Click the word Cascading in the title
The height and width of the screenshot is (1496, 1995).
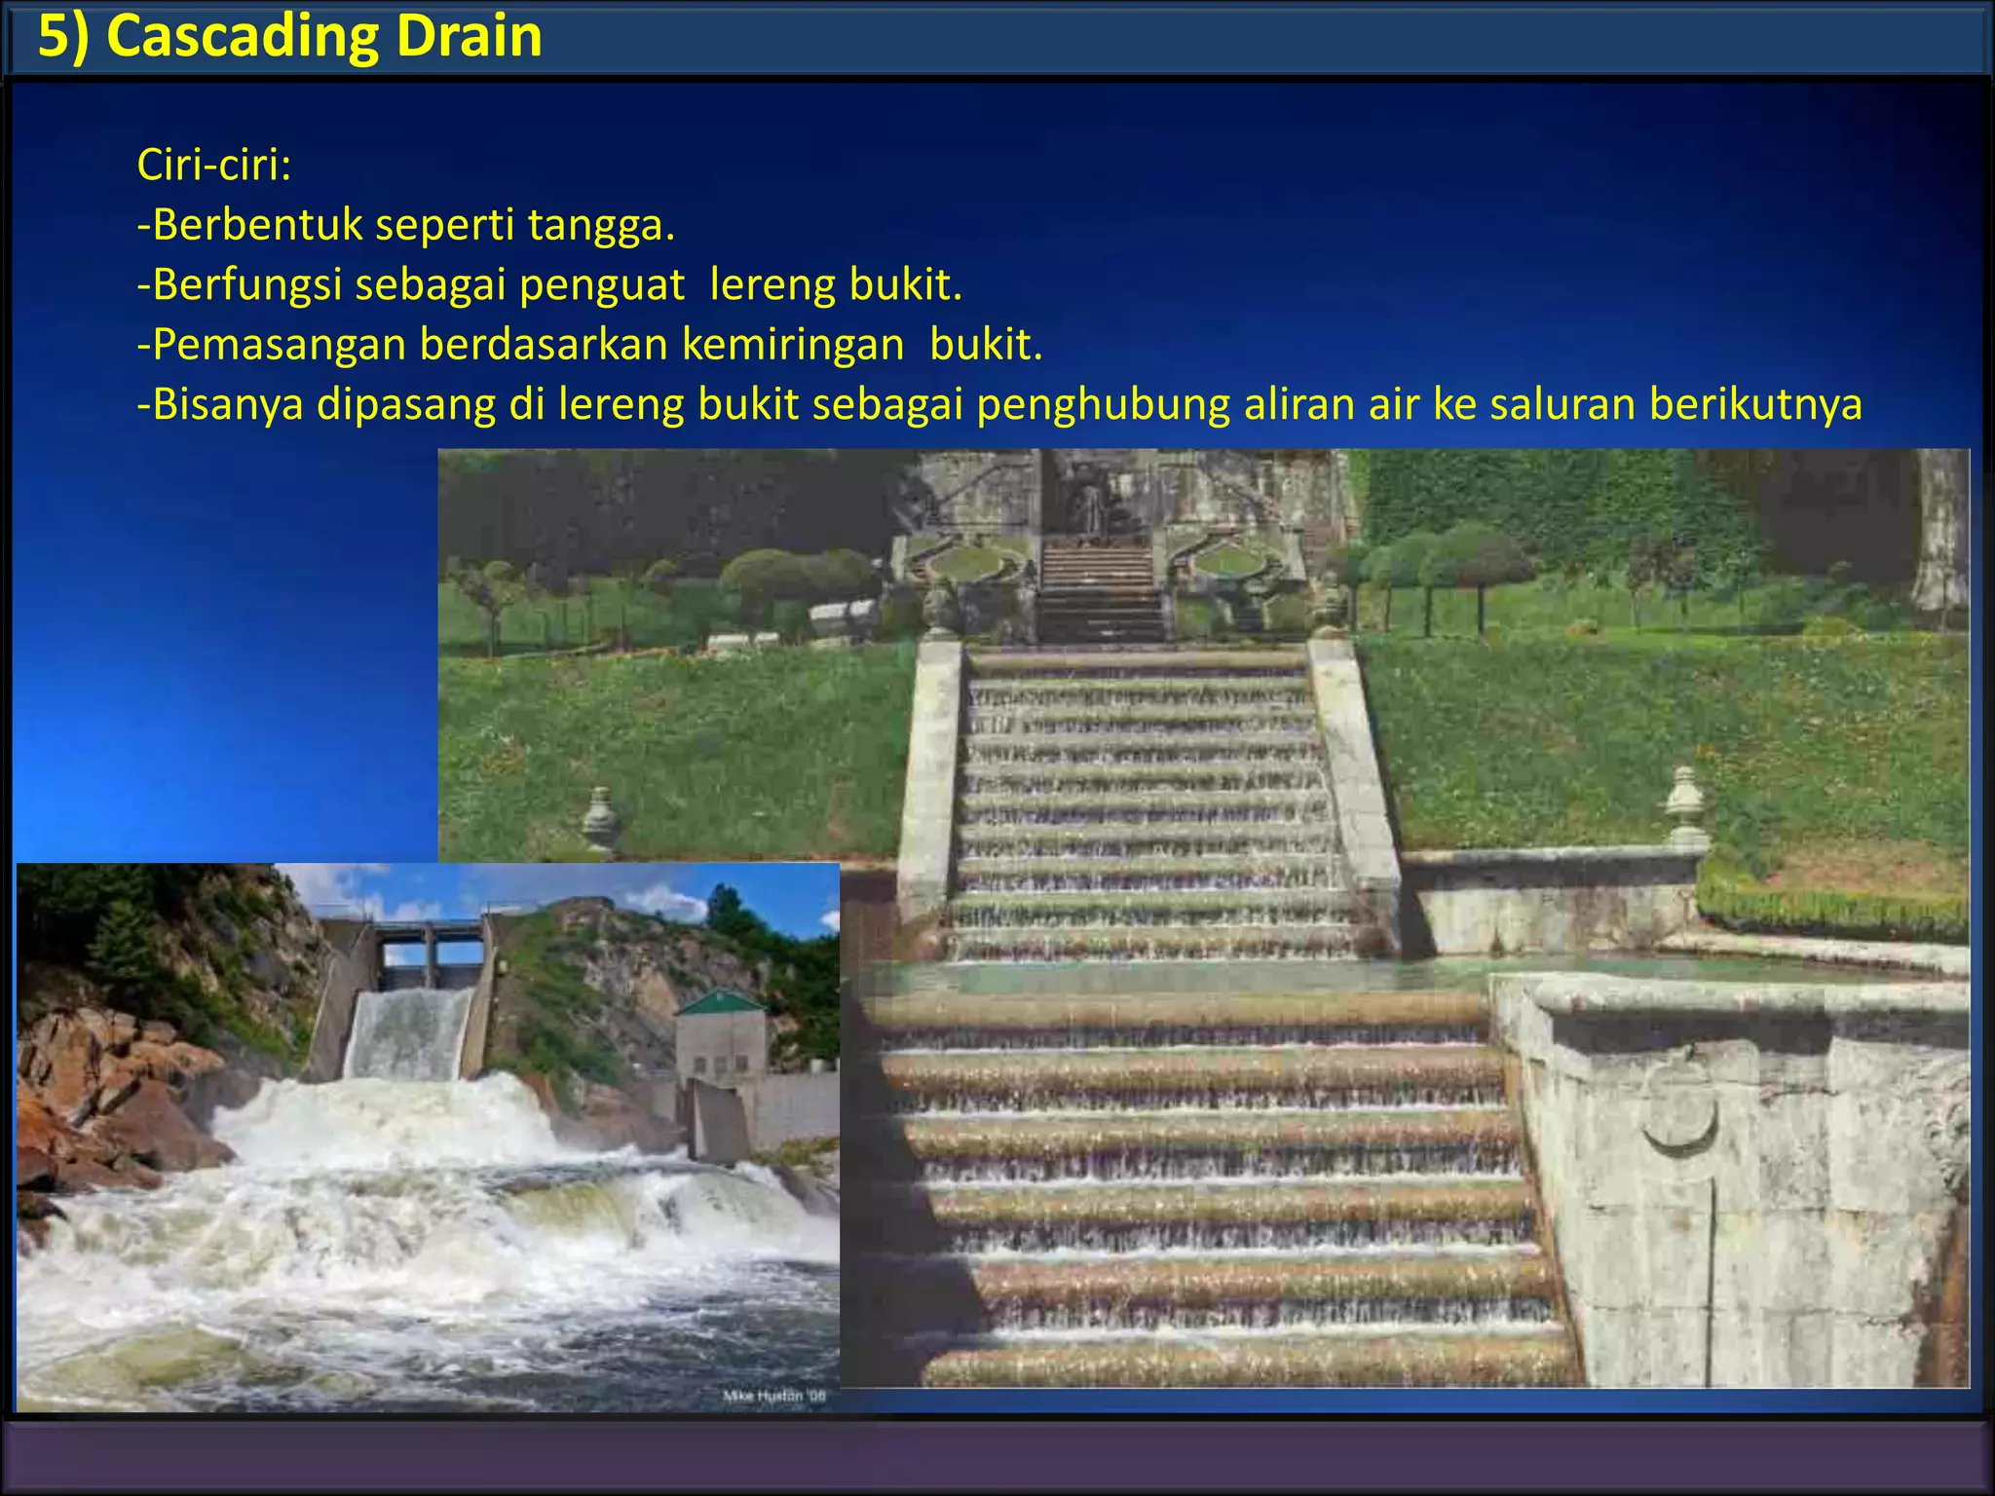tap(243, 37)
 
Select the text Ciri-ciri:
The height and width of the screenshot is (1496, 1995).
tap(214, 165)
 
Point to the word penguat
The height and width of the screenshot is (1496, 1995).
tap(601, 285)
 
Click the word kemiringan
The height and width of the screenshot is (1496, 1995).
tap(793, 345)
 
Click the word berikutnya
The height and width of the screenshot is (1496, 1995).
tap(1755, 404)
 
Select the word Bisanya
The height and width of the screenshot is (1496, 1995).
tap(228, 404)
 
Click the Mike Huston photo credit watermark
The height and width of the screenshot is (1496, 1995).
tap(774, 1396)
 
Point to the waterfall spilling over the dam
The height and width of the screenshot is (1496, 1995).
tap(409, 1032)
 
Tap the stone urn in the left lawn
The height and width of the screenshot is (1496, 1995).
tap(601, 821)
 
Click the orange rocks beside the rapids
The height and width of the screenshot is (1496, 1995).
tap(107, 1101)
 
